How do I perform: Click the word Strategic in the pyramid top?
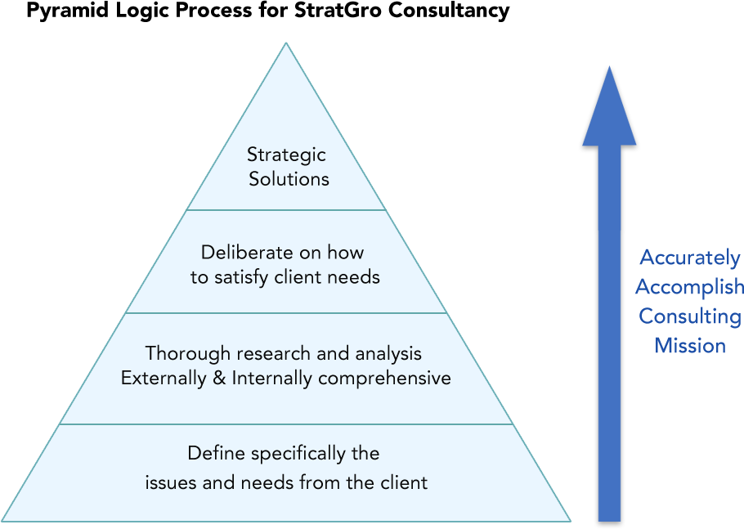point(286,155)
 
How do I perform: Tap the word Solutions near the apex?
point(289,179)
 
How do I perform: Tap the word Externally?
point(163,379)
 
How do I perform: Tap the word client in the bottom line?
point(401,482)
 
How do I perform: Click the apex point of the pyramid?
point(285,44)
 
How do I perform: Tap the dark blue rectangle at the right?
point(695,300)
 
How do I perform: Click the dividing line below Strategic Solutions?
point(286,210)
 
